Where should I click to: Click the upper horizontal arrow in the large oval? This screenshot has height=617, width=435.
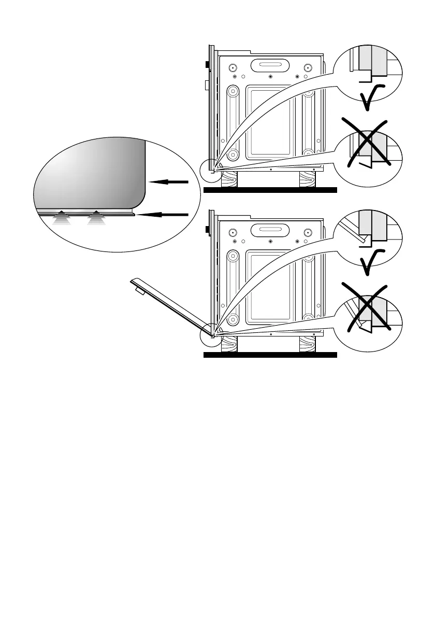[x=168, y=182]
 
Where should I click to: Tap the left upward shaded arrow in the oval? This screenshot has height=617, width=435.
[x=62, y=218]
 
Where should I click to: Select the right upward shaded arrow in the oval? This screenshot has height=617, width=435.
[x=96, y=218]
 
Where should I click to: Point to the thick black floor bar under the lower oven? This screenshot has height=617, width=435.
[x=270, y=355]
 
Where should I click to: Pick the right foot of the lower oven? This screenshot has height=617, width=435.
[x=309, y=343]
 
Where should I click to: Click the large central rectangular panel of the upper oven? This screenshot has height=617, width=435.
[x=270, y=122]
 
